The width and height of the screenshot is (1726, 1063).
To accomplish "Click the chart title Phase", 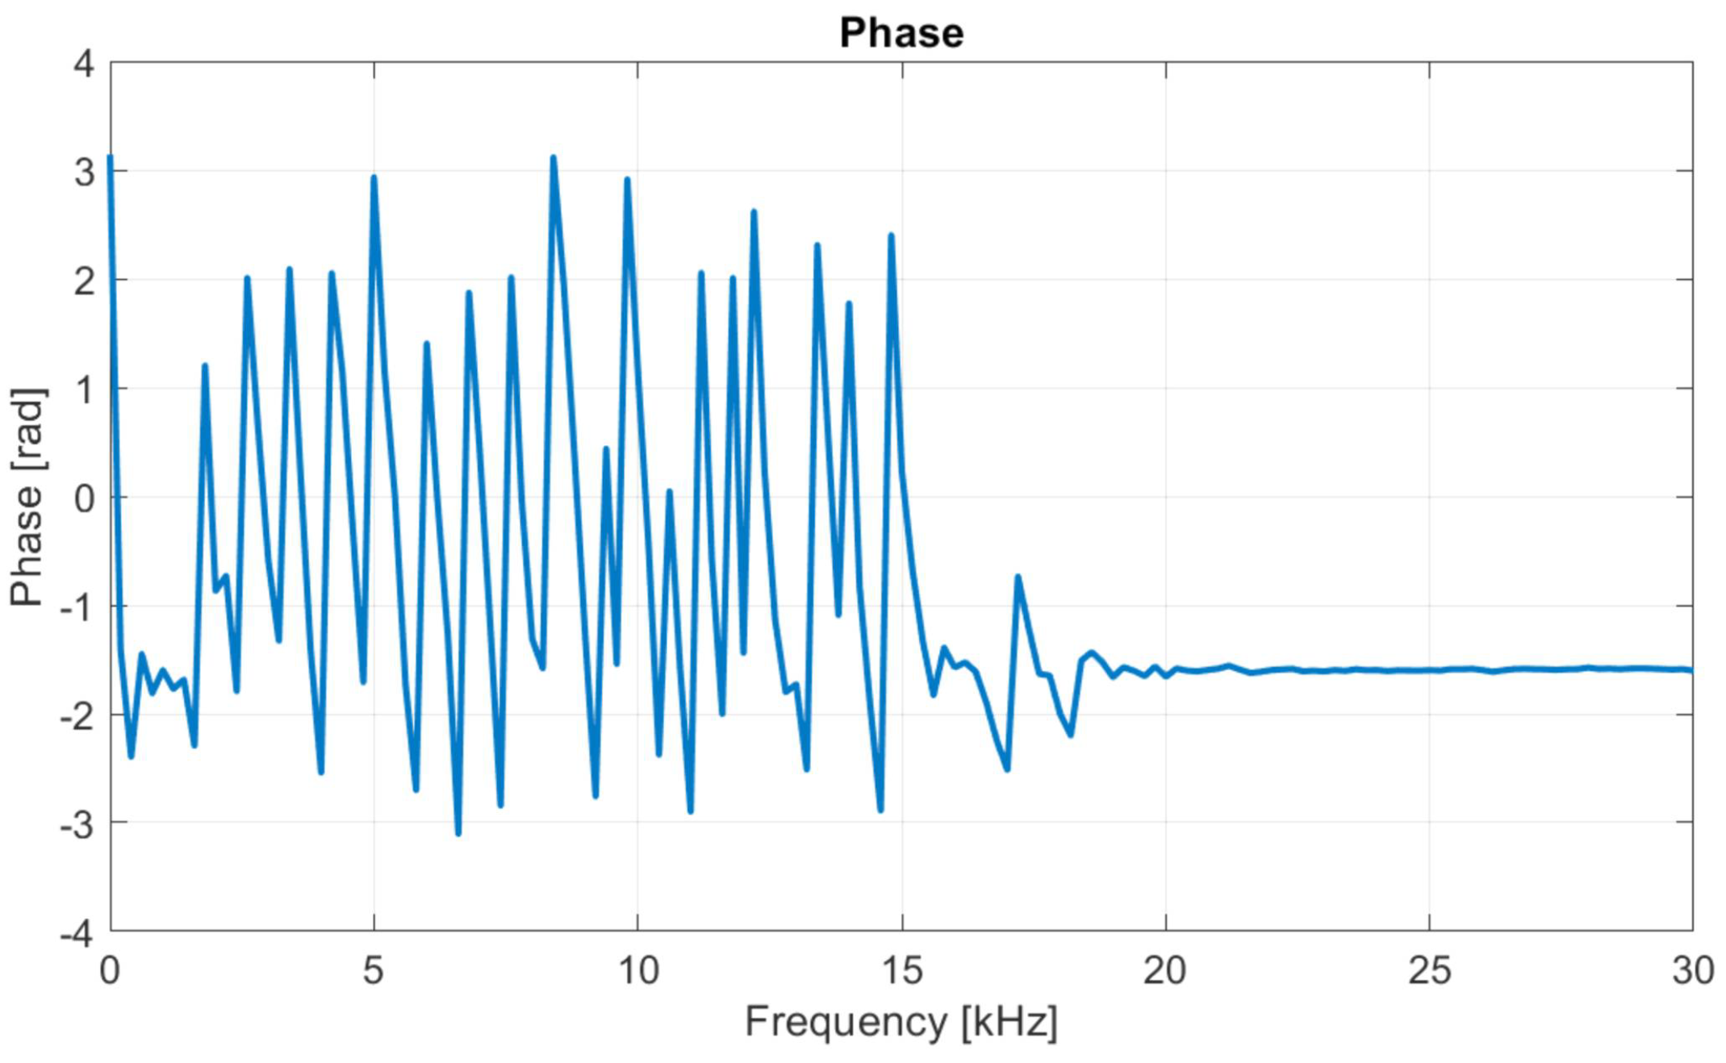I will (x=901, y=33).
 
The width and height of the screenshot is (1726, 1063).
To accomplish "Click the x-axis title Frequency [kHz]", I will (x=901, y=1022).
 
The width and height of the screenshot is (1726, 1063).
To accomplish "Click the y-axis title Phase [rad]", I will (x=27, y=497).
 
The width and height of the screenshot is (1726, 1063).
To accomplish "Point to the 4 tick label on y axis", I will (x=84, y=63).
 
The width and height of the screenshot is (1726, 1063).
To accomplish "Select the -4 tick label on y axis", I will (x=77, y=934).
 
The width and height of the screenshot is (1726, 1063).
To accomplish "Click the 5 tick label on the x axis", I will (x=373, y=970).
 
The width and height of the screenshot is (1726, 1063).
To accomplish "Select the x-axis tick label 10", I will (x=637, y=970).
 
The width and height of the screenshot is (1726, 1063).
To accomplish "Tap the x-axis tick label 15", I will (x=901, y=970).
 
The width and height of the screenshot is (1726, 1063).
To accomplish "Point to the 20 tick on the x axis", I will (x=1165, y=970).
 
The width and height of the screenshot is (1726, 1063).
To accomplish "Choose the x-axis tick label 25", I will (x=1429, y=970).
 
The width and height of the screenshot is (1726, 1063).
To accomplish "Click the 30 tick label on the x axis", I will (x=1692, y=970).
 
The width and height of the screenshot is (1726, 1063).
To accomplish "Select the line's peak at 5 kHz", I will (x=374, y=177).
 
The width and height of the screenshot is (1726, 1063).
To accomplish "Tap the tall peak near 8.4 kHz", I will (x=554, y=157).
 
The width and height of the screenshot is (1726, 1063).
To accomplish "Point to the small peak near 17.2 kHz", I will (x=1018, y=577).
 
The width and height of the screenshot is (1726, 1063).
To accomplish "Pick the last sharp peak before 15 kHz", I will (x=891, y=235).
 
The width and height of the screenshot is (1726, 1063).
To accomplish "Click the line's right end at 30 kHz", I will (x=1691, y=670).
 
